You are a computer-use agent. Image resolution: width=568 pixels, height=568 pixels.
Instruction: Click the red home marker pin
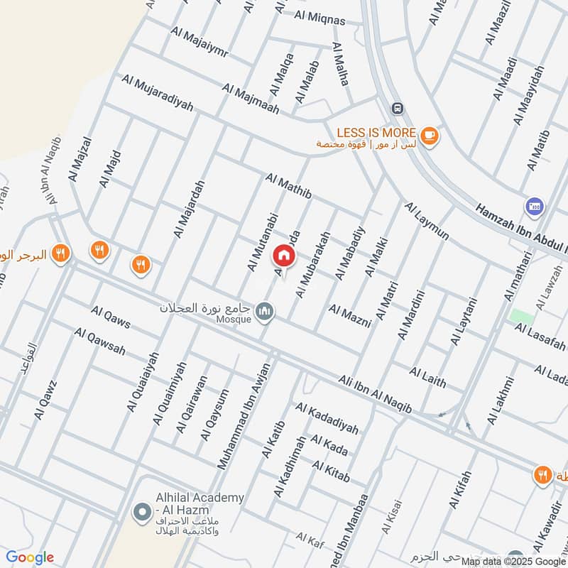[283, 256]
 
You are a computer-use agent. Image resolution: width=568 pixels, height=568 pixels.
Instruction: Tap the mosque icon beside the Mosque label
[266, 312]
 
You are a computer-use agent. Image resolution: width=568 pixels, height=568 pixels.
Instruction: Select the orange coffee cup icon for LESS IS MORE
[428, 134]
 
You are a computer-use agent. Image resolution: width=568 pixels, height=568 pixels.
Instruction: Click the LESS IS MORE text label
[376, 132]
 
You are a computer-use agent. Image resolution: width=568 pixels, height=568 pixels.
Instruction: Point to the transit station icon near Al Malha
[397, 108]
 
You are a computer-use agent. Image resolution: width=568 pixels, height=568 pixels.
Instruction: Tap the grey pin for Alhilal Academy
[139, 511]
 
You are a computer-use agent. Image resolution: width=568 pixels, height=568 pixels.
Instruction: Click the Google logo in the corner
[30, 557]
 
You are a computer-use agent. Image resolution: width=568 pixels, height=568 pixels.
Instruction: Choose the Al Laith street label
[428, 377]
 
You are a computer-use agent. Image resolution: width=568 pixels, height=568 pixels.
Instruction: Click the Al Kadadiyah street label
[327, 418]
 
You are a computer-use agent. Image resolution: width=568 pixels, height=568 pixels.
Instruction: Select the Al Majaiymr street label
[198, 43]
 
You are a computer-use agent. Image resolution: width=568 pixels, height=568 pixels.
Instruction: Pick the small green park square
[522, 317]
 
